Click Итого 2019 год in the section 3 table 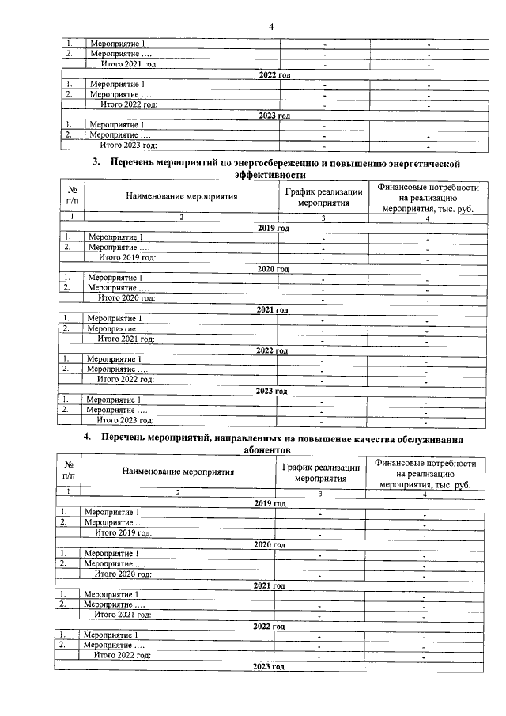tap(126, 257)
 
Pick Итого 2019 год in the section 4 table tap(123, 533)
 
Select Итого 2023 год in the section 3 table tap(124, 420)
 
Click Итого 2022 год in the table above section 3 tap(128, 104)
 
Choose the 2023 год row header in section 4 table tap(267, 668)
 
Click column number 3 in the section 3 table tap(323, 217)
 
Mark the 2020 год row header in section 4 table tap(270, 544)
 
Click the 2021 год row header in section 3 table tap(271, 309)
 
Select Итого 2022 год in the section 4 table tap(123, 656)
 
